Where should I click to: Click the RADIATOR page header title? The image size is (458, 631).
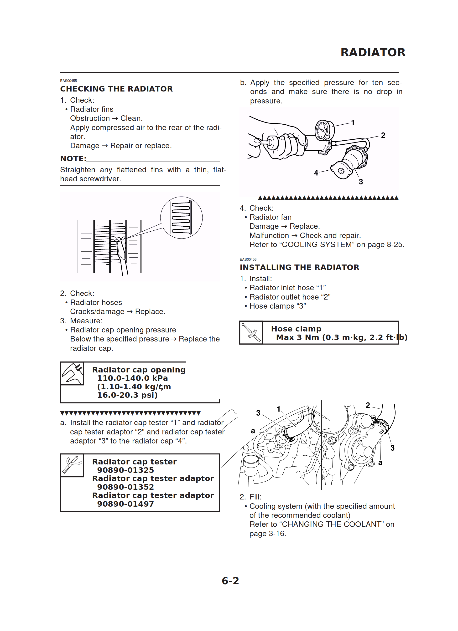(x=373, y=52)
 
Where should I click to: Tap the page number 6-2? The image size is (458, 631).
(x=230, y=581)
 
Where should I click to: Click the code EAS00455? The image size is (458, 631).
(x=68, y=81)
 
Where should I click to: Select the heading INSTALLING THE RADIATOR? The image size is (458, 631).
(x=299, y=267)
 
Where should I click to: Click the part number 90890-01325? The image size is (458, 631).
(x=125, y=470)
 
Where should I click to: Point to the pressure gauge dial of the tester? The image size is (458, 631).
(x=323, y=130)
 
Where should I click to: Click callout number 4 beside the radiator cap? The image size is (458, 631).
(x=316, y=173)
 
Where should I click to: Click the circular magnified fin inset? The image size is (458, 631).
(x=181, y=218)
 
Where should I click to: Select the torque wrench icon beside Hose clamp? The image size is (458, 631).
(x=251, y=332)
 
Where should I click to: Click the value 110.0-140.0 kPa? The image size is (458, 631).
(x=132, y=378)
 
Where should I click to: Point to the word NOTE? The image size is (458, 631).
(x=73, y=159)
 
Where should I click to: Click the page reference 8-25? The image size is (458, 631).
(x=395, y=244)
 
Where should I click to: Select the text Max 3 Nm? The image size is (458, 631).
(x=297, y=337)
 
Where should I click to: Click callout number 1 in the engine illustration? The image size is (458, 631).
(x=278, y=409)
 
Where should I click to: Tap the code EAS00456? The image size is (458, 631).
(x=248, y=259)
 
